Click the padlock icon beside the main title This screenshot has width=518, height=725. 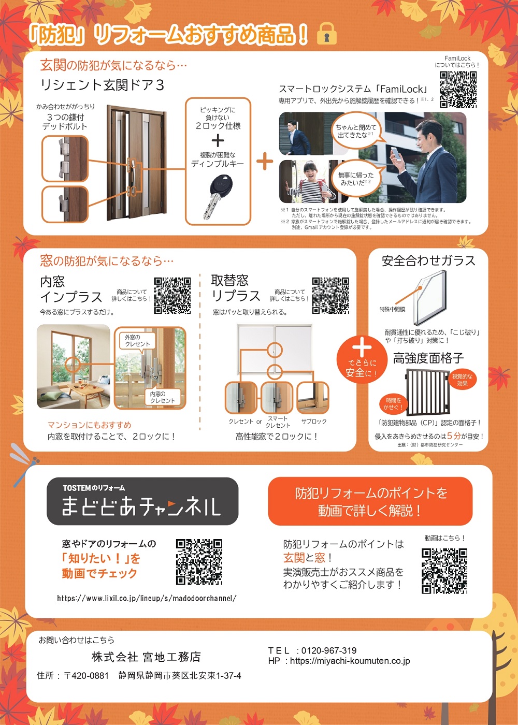click(x=326, y=34)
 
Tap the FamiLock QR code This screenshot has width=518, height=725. click(x=458, y=89)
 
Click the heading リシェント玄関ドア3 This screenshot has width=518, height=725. click(x=102, y=85)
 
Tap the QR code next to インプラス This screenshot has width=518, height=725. click(x=172, y=296)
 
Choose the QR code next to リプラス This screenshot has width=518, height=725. click(x=330, y=296)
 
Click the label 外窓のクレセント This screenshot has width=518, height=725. click(x=137, y=340)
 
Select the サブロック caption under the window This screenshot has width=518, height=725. click(x=314, y=422)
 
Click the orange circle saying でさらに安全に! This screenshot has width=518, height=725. click(x=362, y=359)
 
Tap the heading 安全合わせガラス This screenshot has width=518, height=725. click(x=428, y=261)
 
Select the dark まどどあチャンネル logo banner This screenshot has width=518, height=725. click(x=142, y=501)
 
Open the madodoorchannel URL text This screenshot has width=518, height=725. click(x=147, y=598)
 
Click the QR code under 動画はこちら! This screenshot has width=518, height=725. click(x=444, y=571)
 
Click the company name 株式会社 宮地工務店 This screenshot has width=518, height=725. click(x=146, y=657)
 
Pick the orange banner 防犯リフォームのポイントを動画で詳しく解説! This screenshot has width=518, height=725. click(x=370, y=502)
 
